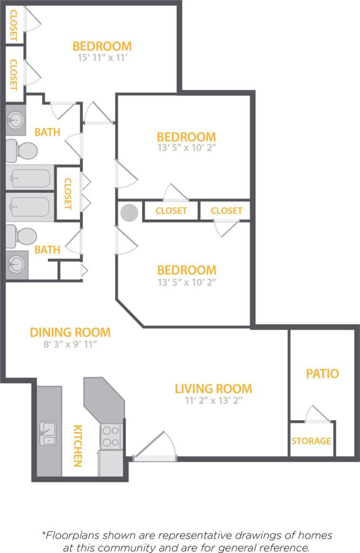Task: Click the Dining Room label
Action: pyautogui.click(x=70, y=332)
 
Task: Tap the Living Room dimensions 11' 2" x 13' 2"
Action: pyautogui.click(x=213, y=401)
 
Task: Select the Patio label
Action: pyautogui.click(x=322, y=374)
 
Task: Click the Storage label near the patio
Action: pyautogui.click(x=311, y=441)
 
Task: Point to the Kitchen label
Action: pyautogui.click(x=78, y=445)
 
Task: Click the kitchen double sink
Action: pyautogui.click(x=49, y=433)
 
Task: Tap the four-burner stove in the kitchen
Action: pyautogui.click(x=111, y=436)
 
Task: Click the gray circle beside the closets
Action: pyautogui.click(x=130, y=212)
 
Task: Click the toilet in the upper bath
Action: pyautogui.click(x=22, y=150)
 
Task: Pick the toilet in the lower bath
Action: pyautogui.click(x=22, y=237)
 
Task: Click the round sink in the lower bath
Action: pyautogui.click(x=16, y=265)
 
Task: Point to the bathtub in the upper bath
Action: pyautogui.click(x=31, y=178)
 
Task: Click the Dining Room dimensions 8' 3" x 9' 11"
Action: pyautogui.click(x=70, y=344)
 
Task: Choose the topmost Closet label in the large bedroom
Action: pyautogui.click(x=14, y=25)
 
